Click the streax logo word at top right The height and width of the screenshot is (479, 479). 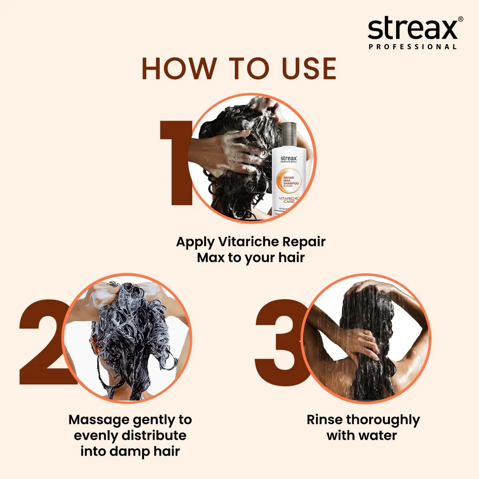[412, 29]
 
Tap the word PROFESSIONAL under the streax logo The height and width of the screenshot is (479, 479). [413, 47]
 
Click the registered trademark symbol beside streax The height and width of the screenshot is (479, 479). [461, 19]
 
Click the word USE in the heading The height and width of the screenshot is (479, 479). [309, 69]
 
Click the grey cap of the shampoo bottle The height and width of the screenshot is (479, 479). [289, 134]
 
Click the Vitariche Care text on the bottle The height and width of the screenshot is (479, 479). [289, 200]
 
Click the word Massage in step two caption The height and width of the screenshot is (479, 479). [99, 420]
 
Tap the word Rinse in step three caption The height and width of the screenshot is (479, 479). [325, 420]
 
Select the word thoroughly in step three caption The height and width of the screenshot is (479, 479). [383, 420]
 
